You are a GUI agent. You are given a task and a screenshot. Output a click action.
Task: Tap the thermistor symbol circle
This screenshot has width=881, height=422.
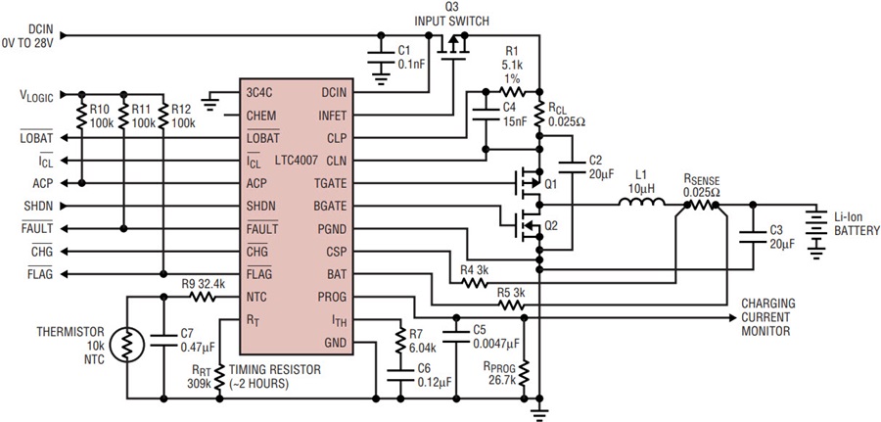123,343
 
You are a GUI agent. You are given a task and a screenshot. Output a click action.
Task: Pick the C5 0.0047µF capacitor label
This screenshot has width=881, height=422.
487,336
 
